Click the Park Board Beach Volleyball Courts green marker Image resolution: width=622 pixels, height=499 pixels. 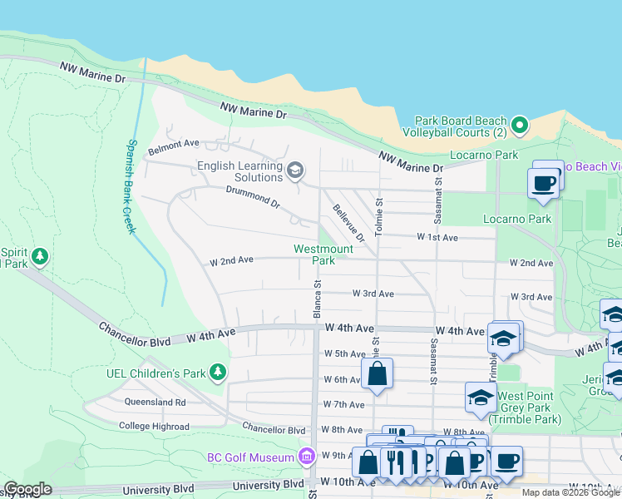(x=520, y=126)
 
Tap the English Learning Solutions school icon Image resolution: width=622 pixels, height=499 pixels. (x=294, y=171)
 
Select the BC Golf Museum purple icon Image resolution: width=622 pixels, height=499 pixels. (x=307, y=457)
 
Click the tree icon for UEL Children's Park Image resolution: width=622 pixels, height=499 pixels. (x=218, y=372)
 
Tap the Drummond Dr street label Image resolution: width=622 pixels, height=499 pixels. (x=253, y=197)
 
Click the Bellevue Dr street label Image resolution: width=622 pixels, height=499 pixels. (x=349, y=223)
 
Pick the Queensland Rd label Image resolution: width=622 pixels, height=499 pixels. (x=158, y=402)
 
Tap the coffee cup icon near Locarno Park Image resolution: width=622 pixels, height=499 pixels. (x=543, y=183)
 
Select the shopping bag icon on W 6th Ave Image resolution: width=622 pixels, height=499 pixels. (x=377, y=373)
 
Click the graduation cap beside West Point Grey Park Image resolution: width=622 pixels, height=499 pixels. (x=480, y=398)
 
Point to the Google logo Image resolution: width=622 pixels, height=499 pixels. (x=27, y=489)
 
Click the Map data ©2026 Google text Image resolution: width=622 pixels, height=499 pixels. (x=570, y=492)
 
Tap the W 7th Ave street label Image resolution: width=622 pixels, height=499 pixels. (x=344, y=405)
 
